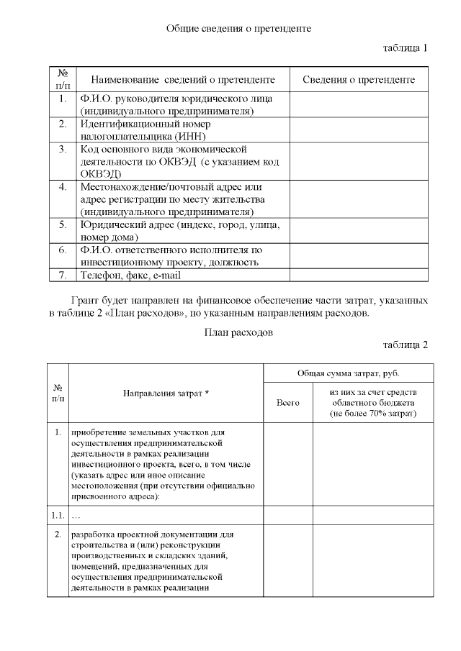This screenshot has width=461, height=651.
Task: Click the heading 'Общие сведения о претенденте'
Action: (238, 28)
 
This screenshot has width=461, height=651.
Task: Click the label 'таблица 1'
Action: (405, 48)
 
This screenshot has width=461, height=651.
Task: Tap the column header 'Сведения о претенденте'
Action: (358, 79)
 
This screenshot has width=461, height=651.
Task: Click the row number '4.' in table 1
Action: (63, 186)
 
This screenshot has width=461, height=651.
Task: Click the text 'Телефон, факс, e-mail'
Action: (130, 276)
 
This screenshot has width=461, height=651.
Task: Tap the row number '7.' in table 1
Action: (63, 276)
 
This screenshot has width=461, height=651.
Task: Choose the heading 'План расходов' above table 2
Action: (238, 332)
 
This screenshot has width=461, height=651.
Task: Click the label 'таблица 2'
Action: (405, 345)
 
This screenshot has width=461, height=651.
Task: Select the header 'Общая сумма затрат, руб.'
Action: (349, 373)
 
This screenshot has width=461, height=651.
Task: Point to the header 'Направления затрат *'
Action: (166, 393)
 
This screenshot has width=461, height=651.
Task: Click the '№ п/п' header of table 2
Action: (58, 393)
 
